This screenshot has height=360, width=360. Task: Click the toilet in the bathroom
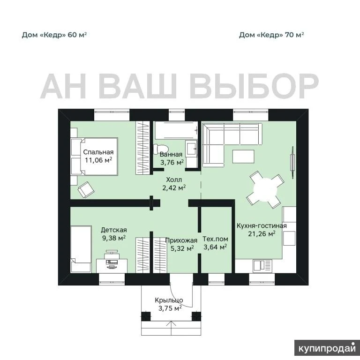point(161,149)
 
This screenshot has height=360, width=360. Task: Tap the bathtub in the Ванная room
point(176,130)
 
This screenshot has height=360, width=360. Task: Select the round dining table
point(265,190)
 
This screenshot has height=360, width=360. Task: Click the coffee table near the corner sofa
point(243,157)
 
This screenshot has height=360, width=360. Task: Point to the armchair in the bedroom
point(86,190)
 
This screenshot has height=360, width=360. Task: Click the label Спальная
point(98,152)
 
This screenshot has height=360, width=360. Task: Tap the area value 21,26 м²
point(262,234)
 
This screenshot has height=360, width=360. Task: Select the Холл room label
point(174,180)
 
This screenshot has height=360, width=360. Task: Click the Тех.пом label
point(215,239)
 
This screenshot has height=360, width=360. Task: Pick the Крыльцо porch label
point(169,300)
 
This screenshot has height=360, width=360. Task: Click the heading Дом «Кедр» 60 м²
point(54,35)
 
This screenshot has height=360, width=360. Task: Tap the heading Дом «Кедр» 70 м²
point(271,35)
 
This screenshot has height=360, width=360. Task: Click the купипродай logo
point(327,348)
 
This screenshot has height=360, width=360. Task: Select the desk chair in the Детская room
point(112,255)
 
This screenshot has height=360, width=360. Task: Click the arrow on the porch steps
point(171,329)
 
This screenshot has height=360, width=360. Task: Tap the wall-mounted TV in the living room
point(292,163)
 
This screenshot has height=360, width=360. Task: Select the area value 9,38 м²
point(114,238)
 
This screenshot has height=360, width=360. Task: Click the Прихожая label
point(181,240)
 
